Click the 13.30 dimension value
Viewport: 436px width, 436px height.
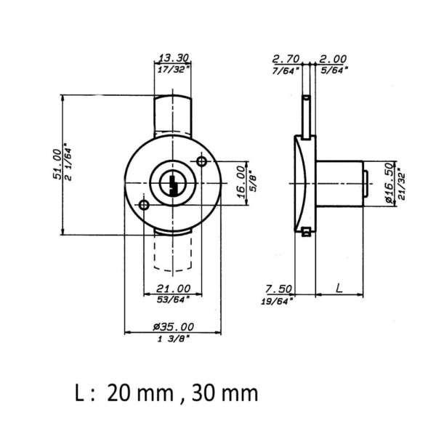pyautogui.click(x=174, y=58)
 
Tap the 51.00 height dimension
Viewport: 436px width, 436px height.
pyautogui.click(x=57, y=164)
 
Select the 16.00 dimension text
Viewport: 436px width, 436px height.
pyautogui.click(x=241, y=182)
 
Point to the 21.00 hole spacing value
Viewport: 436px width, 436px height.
pyautogui.click(x=173, y=288)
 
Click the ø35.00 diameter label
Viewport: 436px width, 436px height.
pyautogui.click(x=173, y=327)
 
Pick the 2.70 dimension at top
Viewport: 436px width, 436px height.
pyautogui.click(x=286, y=59)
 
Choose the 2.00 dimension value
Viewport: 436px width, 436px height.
pyautogui.click(x=333, y=59)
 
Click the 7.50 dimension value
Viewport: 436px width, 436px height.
pyautogui.click(x=278, y=289)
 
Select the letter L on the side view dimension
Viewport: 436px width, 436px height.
pyautogui.click(x=339, y=288)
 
